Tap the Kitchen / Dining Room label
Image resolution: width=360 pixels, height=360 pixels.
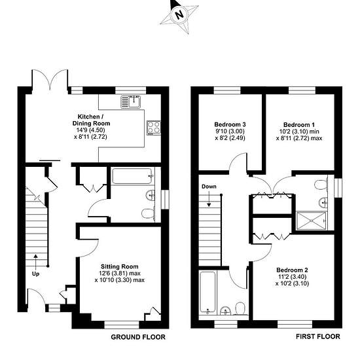tap(92, 120)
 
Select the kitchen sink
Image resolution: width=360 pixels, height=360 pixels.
tap(131, 101)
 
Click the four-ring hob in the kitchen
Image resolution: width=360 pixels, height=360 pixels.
tap(154, 128)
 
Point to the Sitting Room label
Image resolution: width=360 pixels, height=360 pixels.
tap(120, 266)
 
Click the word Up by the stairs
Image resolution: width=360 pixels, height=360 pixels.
tap(35, 274)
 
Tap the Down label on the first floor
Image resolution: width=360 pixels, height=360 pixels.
tap(209, 187)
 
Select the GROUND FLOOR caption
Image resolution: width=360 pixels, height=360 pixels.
tap(138, 337)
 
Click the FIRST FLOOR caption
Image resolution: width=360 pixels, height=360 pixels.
tap(318, 336)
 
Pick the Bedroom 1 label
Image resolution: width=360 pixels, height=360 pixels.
tap(299, 125)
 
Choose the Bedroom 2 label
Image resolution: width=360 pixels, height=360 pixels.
tap(293, 270)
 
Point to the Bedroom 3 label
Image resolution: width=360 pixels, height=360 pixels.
tap(230, 124)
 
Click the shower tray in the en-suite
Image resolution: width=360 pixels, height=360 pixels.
tap(312, 221)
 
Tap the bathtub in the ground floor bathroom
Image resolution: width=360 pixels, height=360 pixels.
tap(132, 176)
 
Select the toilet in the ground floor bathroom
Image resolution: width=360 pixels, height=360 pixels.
tap(148, 213)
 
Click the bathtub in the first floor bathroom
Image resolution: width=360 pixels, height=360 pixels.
tap(207, 291)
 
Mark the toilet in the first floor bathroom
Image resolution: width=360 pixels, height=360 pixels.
tap(241, 308)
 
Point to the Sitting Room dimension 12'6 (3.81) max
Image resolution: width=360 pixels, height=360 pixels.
tap(120, 274)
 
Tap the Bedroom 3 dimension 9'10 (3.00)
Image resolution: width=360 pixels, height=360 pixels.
tap(230, 132)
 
